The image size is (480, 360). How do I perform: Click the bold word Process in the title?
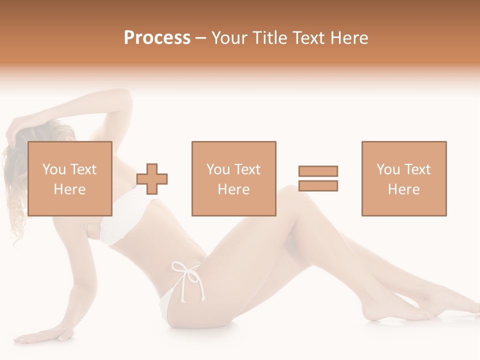coord(157,38)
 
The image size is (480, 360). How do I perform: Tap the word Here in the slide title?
coord(349,38)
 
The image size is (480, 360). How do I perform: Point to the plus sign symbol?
coord(152,178)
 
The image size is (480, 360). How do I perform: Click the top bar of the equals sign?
coord(318,171)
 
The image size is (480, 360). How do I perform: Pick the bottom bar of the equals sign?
coord(318,185)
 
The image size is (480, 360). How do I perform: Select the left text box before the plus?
coord(70,178)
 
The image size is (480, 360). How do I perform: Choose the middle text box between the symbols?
coord(234,178)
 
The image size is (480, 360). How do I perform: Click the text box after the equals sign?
coord(404,178)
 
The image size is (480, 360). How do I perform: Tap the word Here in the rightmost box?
coord(404,189)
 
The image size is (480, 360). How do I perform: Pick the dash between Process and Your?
coord(201,38)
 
